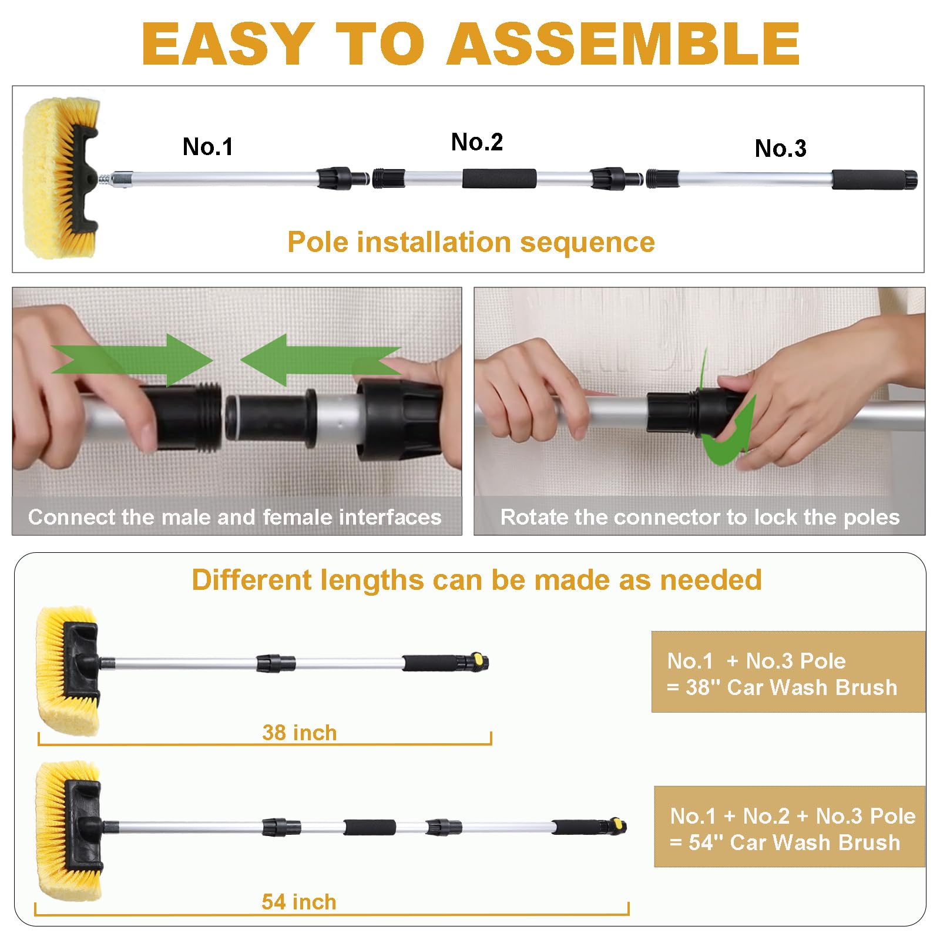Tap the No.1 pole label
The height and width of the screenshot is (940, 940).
(x=207, y=146)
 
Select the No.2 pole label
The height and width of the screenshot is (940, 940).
(x=476, y=142)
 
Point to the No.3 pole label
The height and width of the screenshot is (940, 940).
(x=780, y=149)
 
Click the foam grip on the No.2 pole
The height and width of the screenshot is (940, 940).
(x=499, y=179)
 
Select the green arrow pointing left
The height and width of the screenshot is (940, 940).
(x=317, y=360)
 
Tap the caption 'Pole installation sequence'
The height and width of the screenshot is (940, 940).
(x=471, y=242)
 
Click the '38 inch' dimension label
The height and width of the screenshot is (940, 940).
(x=299, y=733)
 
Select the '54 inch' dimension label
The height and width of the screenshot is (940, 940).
(x=298, y=902)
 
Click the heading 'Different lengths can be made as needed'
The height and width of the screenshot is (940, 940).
(x=476, y=580)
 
